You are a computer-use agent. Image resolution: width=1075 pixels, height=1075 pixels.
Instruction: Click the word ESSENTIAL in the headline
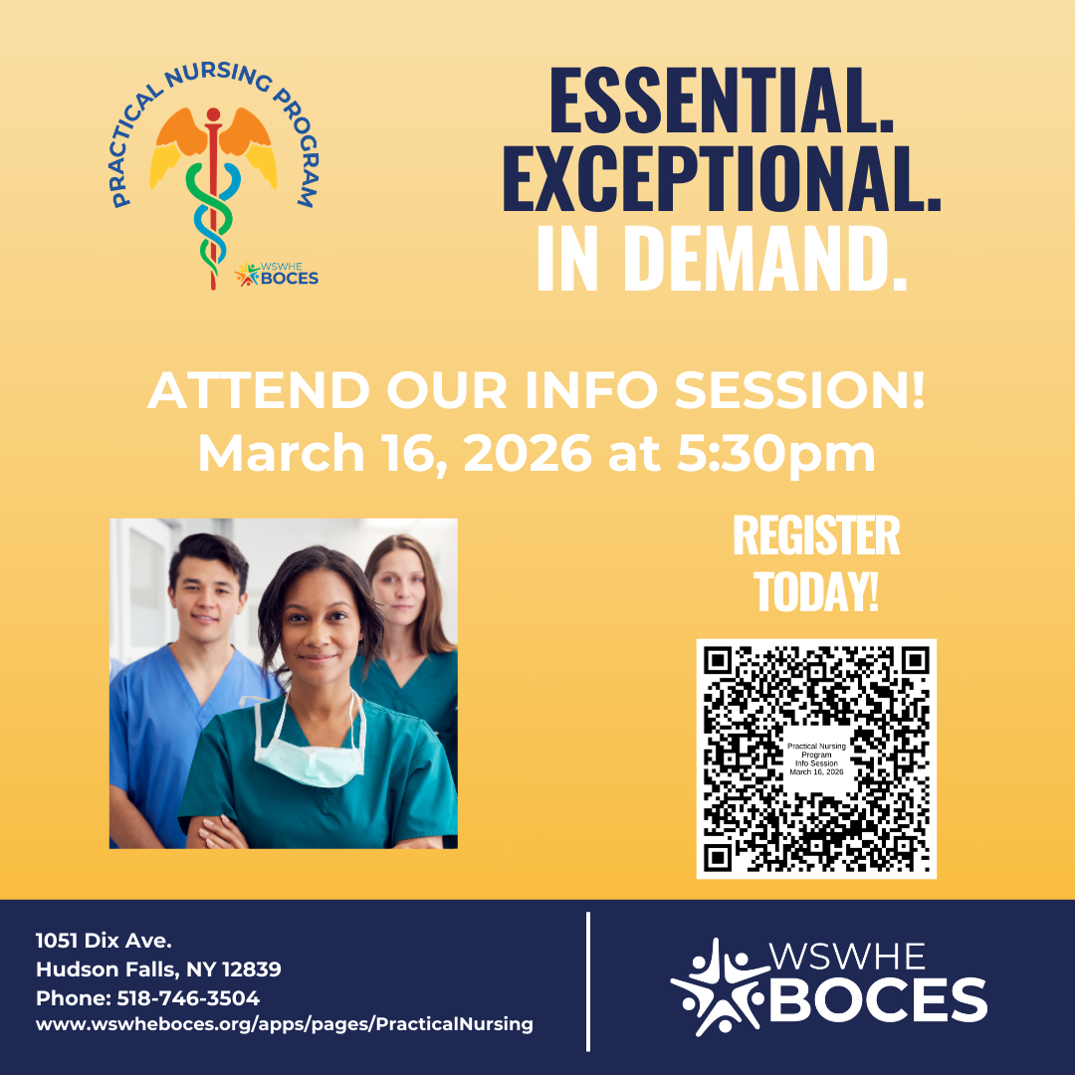pyautogui.click(x=722, y=101)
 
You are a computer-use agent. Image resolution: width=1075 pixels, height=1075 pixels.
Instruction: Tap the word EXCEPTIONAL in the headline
pyautogui.click(x=722, y=178)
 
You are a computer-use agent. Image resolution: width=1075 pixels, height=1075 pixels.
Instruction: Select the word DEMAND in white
pyautogui.click(x=763, y=258)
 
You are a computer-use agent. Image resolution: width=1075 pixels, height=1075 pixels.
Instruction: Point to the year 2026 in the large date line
pyautogui.click(x=528, y=453)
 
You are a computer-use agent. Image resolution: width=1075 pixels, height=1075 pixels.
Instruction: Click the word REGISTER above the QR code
pyautogui.click(x=816, y=536)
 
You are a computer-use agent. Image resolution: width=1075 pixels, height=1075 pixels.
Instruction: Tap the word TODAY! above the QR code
pyautogui.click(x=816, y=591)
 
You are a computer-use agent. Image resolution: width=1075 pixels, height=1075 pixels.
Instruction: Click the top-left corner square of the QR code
pyautogui.click(x=718, y=660)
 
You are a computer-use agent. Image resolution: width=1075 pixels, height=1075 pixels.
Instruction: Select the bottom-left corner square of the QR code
pyautogui.click(x=718, y=858)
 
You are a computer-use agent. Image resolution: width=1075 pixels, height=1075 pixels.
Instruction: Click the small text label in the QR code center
pyautogui.click(x=816, y=758)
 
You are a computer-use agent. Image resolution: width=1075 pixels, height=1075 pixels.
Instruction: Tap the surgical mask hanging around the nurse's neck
pyautogui.click(x=309, y=752)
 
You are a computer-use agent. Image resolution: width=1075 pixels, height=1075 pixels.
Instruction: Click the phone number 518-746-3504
pyautogui.click(x=188, y=997)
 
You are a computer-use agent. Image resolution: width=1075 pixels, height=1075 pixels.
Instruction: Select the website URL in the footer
pyautogui.click(x=285, y=1024)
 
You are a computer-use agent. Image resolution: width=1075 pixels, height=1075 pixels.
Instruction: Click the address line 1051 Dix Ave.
pyautogui.click(x=104, y=940)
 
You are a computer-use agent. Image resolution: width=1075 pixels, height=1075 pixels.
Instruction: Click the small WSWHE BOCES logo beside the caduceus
pyautogui.click(x=277, y=275)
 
